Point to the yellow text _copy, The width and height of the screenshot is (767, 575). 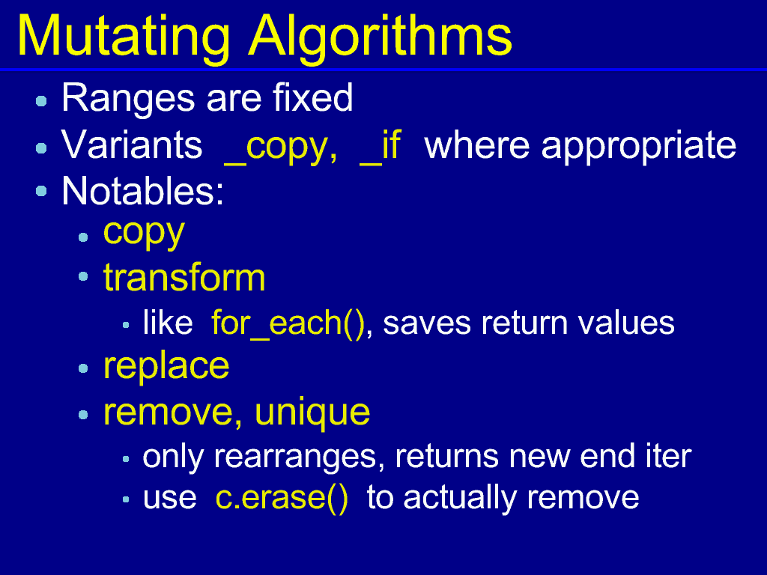point(281,147)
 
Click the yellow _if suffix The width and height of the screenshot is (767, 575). point(381,146)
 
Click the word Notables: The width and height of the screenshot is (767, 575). point(143,191)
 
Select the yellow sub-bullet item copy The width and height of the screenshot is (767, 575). point(144,234)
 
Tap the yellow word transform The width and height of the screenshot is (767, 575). point(184,277)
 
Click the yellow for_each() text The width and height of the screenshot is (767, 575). point(288,323)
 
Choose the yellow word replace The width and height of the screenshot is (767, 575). point(166,367)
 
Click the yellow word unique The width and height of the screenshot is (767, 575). point(312,413)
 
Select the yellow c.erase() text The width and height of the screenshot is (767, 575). point(282,498)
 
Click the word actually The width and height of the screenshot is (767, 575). point(460,499)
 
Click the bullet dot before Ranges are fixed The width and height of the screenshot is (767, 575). point(42,101)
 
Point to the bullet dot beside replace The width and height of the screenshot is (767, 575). point(83,368)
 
